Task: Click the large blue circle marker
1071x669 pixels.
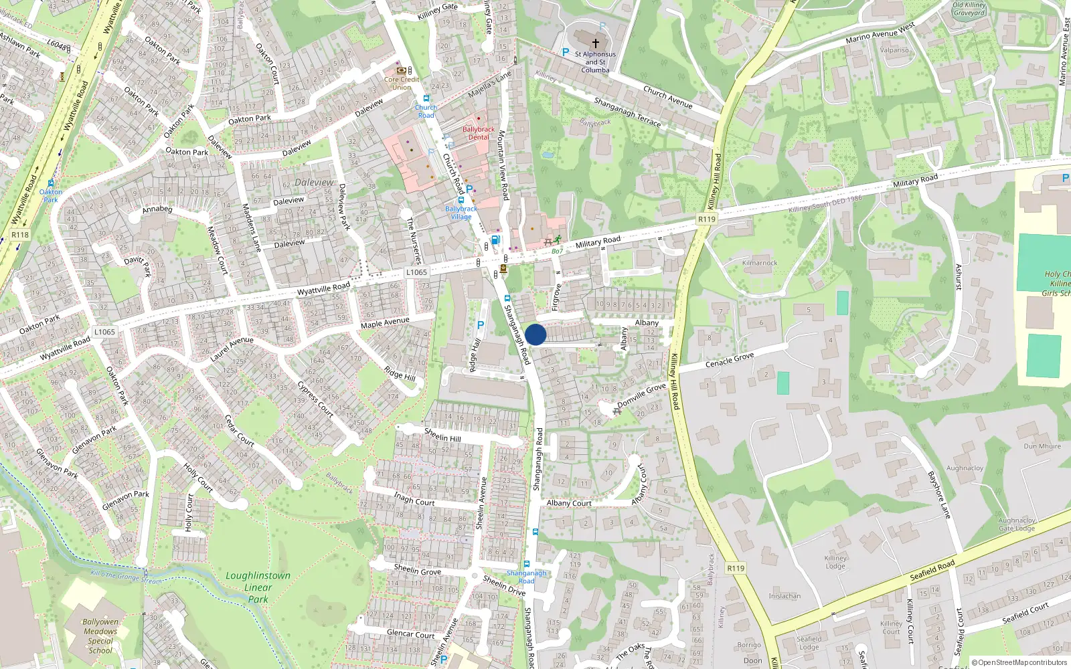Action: (x=535, y=334)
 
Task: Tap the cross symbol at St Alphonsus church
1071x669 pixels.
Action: (x=595, y=43)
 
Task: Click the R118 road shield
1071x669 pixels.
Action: (x=20, y=235)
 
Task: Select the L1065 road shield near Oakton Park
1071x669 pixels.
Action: (x=104, y=332)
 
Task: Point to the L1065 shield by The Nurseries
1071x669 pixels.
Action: (x=416, y=272)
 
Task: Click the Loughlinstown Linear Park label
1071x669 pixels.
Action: (x=258, y=587)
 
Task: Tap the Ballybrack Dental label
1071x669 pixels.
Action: (x=478, y=133)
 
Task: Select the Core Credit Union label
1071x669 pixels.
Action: (x=402, y=83)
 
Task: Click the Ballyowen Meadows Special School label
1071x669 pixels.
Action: (x=100, y=636)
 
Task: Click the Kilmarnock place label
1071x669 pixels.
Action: (x=760, y=263)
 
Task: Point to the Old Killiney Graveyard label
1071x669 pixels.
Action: (x=969, y=9)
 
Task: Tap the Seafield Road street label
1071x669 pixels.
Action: (x=932, y=571)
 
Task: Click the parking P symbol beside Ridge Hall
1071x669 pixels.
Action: (x=480, y=325)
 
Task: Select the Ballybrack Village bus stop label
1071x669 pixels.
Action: (x=461, y=213)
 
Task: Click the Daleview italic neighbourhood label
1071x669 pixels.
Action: (x=314, y=182)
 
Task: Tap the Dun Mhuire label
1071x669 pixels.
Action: (x=1042, y=446)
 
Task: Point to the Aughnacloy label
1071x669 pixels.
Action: (x=965, y=468)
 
